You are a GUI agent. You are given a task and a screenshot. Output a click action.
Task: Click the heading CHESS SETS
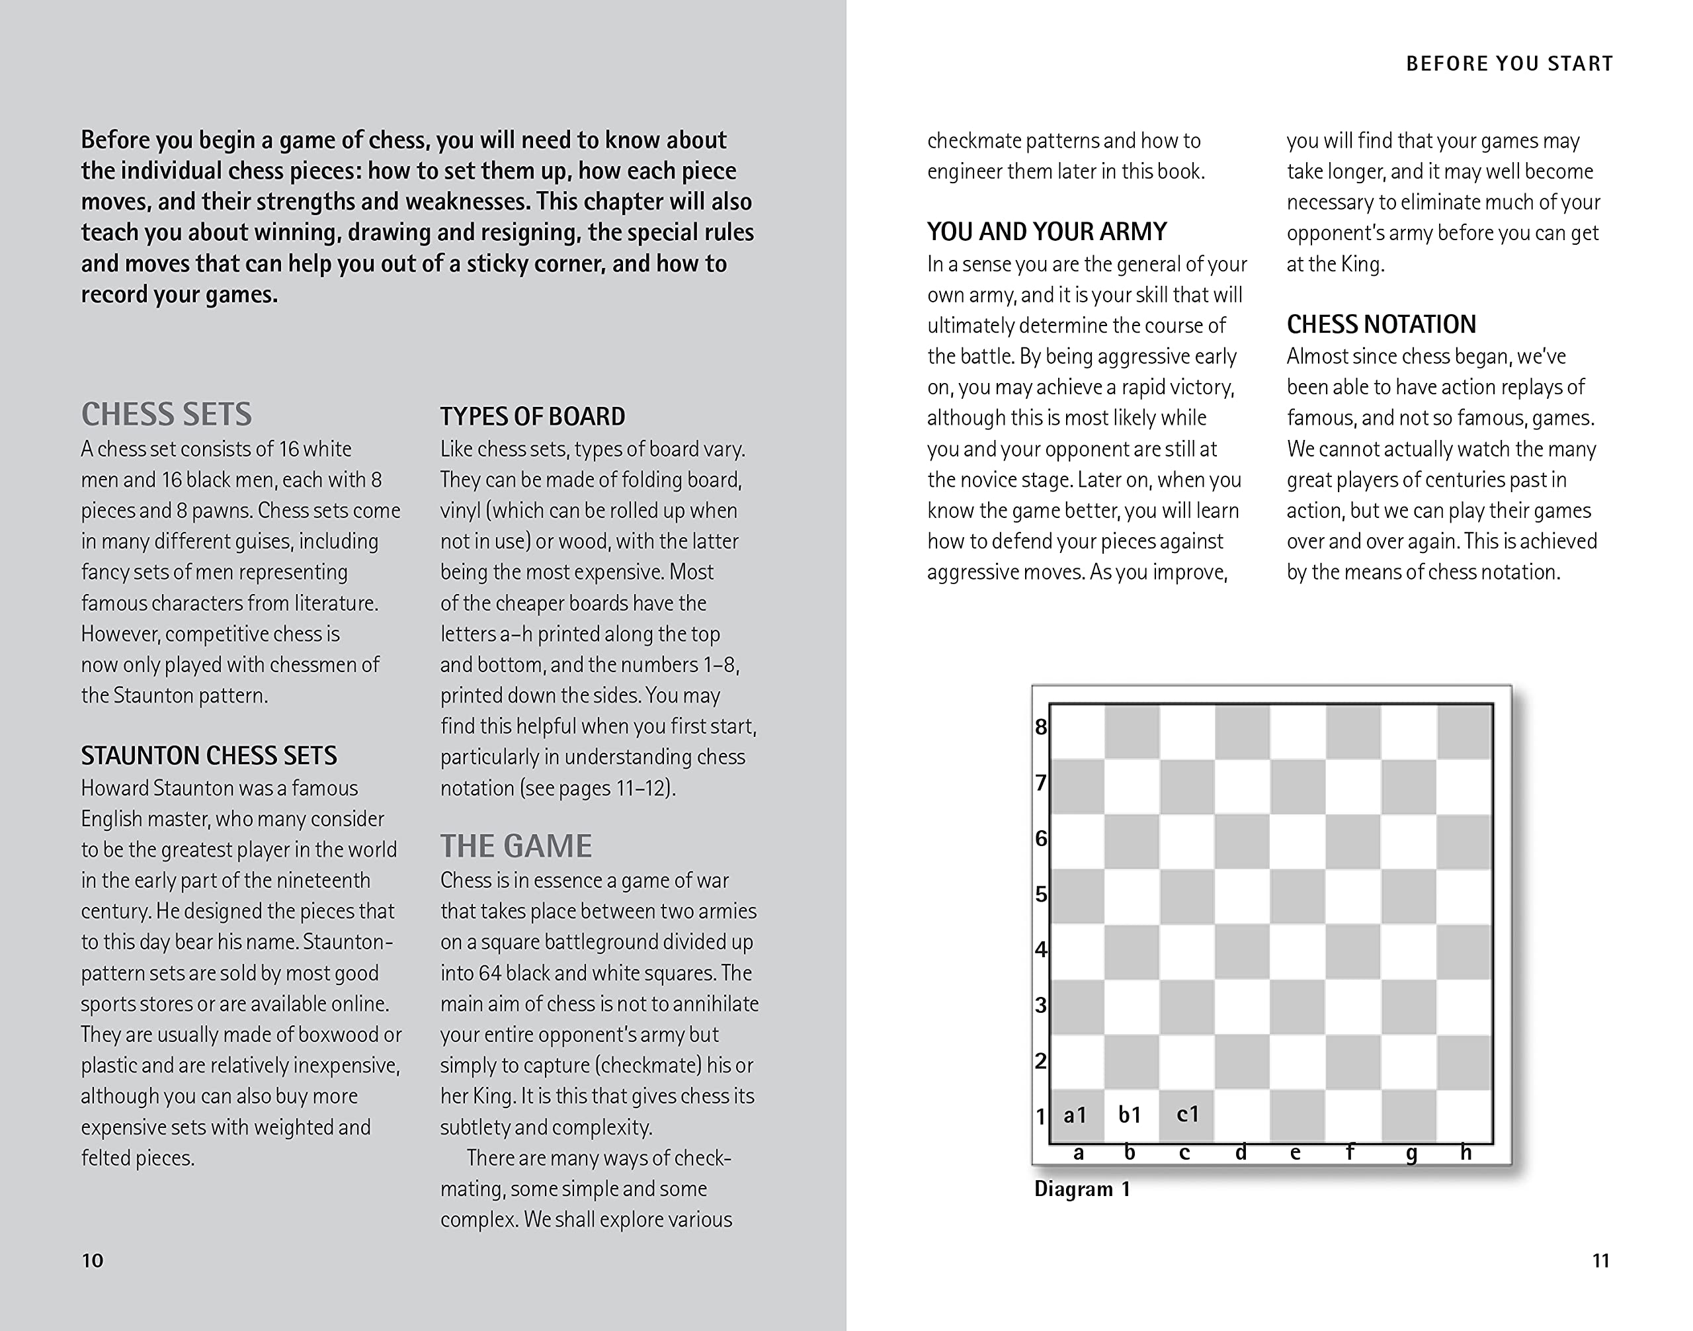pyautogui.click(x=167, y=415)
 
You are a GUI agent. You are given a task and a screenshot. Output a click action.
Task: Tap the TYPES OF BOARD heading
pyautogui.click(x=532, y=416)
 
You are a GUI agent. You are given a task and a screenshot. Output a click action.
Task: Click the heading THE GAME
pyautogui.click(x=516, y=846)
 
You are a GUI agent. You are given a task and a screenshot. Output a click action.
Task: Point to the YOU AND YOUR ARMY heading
pyautogui.click(x=1046, y=232)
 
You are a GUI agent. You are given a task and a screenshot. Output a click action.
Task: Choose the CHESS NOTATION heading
pyautogui.click(x=1381, y=324)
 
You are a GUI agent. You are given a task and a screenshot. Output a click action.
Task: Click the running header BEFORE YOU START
pyautogui.click(x=1509, y=64)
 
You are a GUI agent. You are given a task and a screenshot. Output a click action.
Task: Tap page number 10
pyautogui.click(x=92, y=1260)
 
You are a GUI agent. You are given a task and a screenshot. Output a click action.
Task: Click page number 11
pyautogui.click(x=1600, y=1260)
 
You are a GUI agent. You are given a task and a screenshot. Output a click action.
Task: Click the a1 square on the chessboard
pyautogui.click(x=1076, y=1115)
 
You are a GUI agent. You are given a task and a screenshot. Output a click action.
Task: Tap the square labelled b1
pyautogui.click(x=1130, y=1115)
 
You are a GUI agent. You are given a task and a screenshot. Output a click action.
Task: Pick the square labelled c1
pyautogui.click(x=1186, y=1115)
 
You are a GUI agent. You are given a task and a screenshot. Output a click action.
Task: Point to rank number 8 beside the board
pyautogui.click(x=1041, y=727)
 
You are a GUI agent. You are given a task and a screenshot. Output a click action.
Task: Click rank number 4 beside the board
pyautogui.click(x=1041, y=949)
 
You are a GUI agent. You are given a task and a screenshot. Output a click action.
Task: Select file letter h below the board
pyautogui.click(x=1466, y=1152)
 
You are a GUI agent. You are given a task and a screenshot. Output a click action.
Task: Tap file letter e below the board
pyautogui.click(x=1295, y=1152)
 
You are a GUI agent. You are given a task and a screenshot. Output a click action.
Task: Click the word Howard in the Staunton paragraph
pyautogui.click(x=114, y=788)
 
